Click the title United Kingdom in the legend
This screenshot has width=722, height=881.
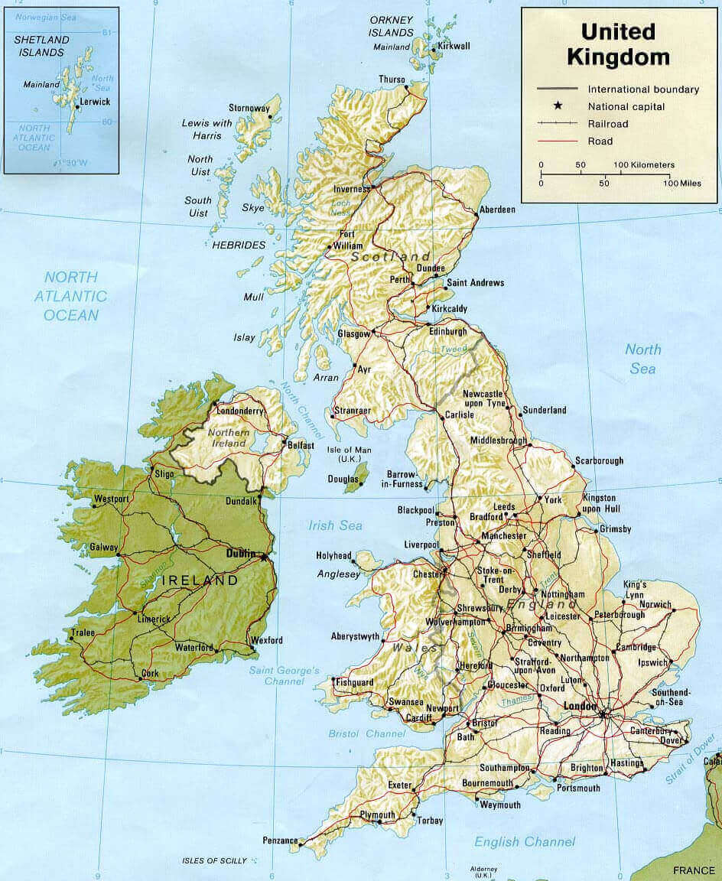[x=618, y=44]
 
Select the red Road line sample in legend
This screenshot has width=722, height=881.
[x=558, y=141]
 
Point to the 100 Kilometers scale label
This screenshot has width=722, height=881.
[x=643, y=164]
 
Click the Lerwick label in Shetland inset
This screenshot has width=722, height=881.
[x=95, y=102]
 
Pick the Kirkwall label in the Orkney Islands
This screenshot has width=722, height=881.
[x=455, y=46]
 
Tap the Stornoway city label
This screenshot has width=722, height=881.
[x=249, y=107]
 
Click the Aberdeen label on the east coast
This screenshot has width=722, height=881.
[x=497, y=210]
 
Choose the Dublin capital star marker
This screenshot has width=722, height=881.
[x=265, y=558]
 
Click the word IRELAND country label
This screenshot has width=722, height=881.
[x=200, y=580]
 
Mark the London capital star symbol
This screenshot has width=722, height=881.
[x=603, y=715]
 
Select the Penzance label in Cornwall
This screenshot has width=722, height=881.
[x=280, y=840]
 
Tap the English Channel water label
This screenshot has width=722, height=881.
[x=524, y=842]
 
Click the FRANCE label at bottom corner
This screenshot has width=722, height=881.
[x=693, y=870]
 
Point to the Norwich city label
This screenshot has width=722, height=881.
[x=656, y=604]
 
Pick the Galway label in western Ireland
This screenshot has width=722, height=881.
[x=104, y=547]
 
